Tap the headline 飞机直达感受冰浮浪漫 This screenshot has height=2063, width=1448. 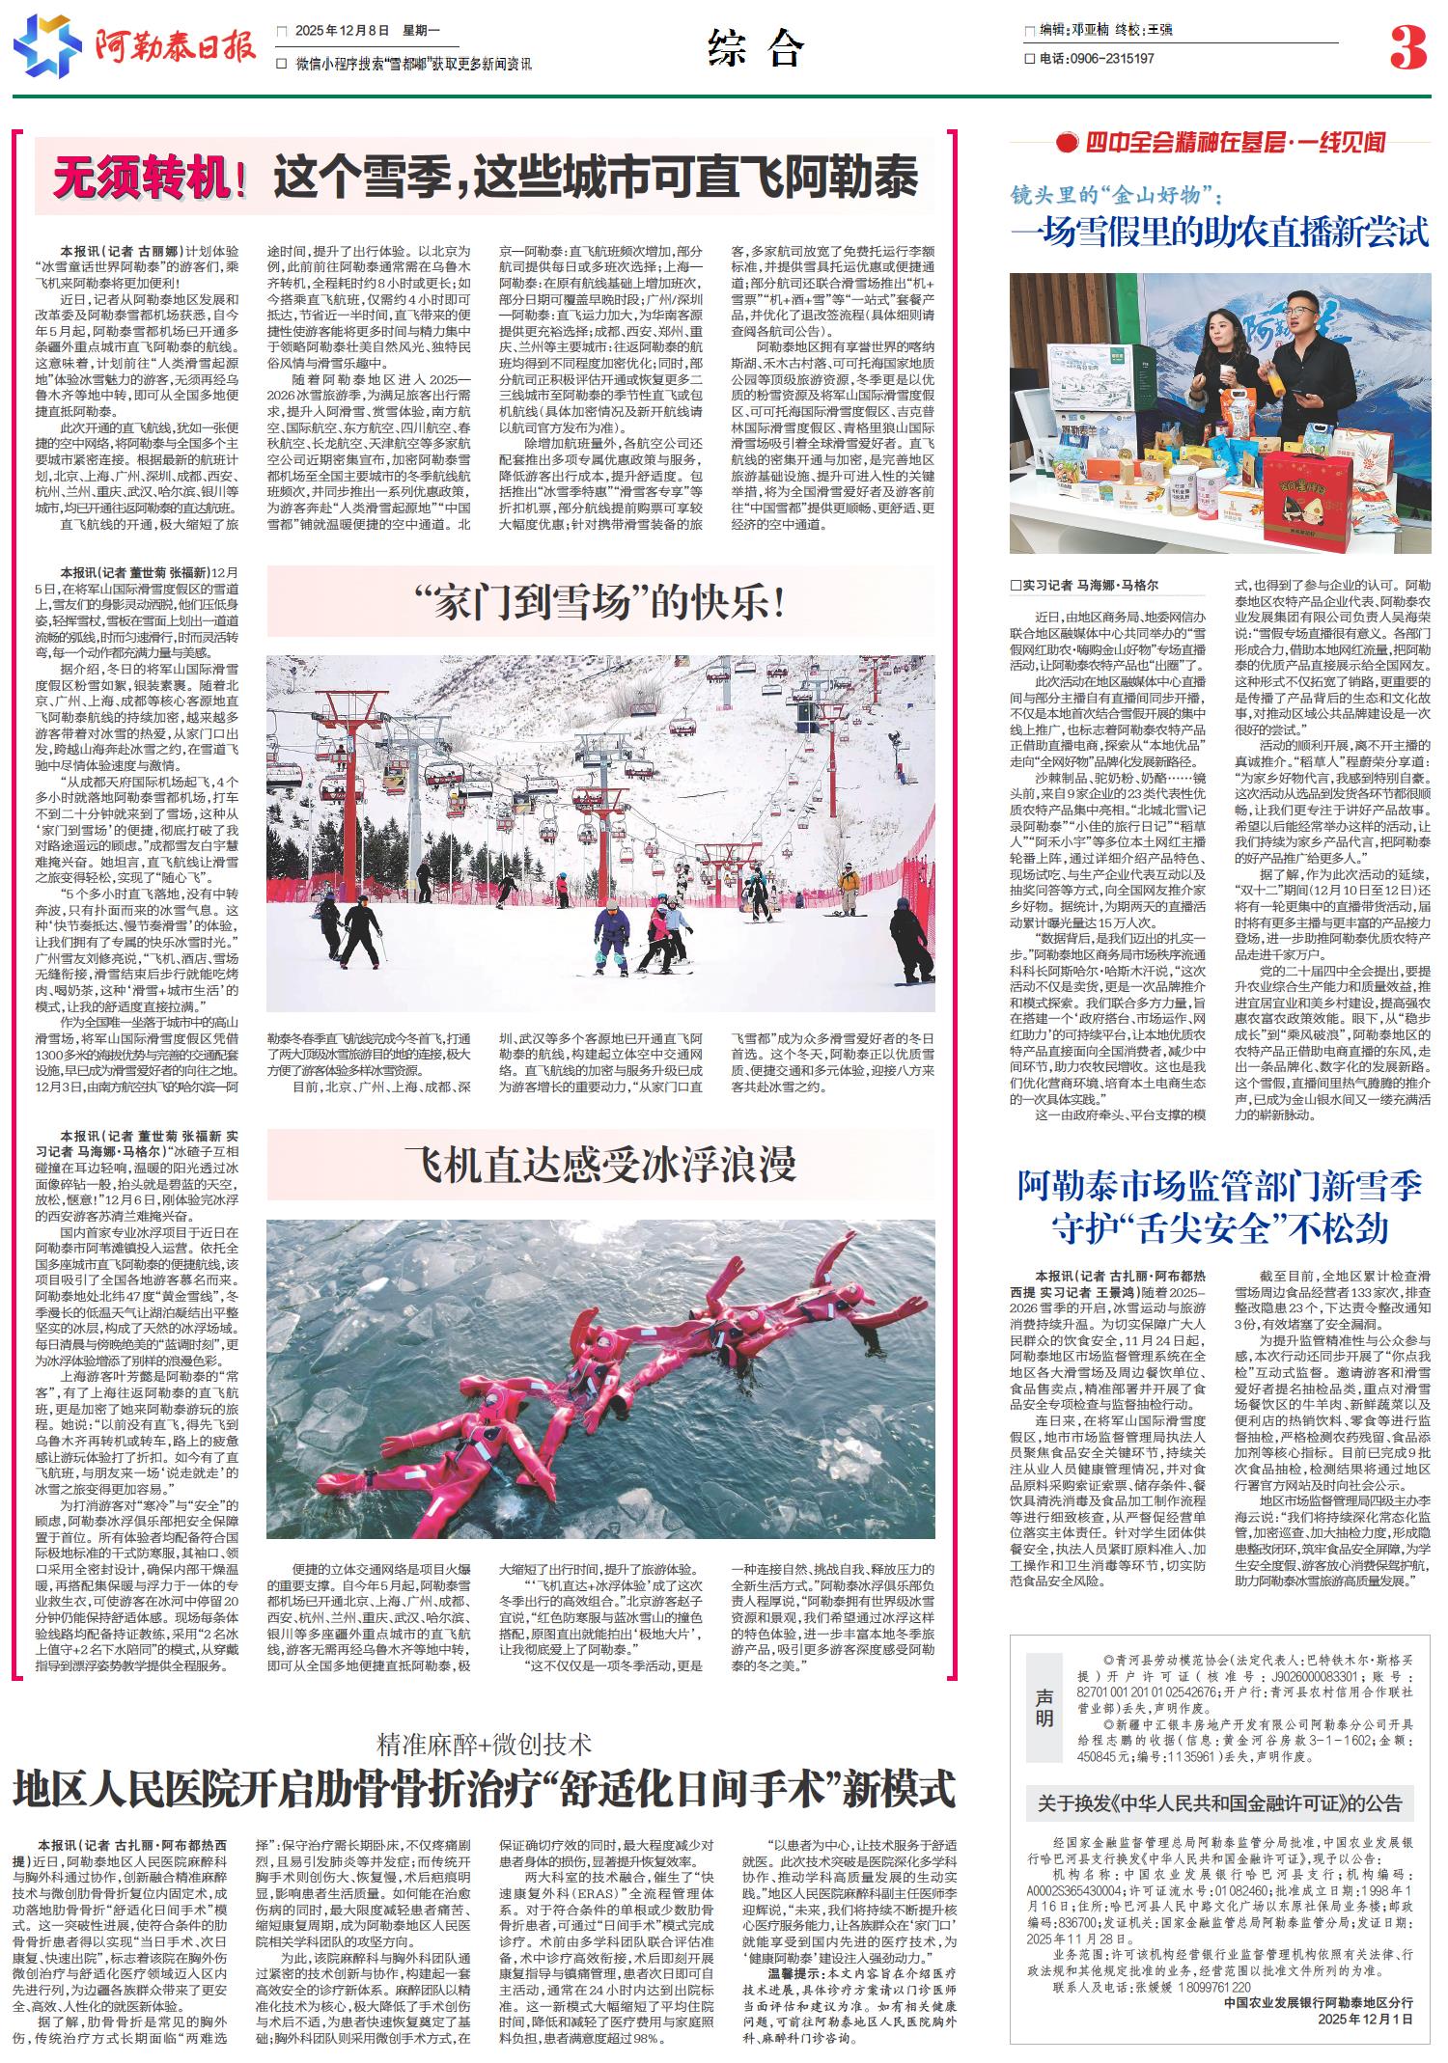coord(600,1164)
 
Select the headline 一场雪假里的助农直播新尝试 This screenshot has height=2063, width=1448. coord(1219,233)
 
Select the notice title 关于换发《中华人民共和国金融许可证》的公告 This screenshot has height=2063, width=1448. coord(1214,1802)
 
